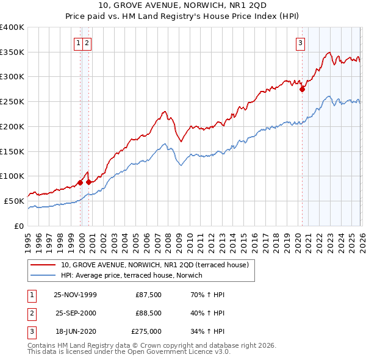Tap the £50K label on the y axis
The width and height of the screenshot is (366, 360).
tap(14, 200)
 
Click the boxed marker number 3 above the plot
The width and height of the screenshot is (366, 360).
tap(301, 43)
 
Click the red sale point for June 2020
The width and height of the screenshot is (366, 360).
tap(302, 89)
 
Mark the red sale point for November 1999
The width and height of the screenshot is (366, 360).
tap(80, 182)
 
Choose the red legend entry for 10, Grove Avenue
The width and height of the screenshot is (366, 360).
tap(154, 265)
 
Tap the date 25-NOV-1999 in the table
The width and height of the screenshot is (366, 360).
tap(75, 295)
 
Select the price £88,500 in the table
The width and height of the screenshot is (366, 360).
tap(146, 313)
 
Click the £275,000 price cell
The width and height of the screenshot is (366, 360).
tap(146, 331)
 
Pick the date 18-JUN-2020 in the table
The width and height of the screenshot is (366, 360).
tap(75, 331)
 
